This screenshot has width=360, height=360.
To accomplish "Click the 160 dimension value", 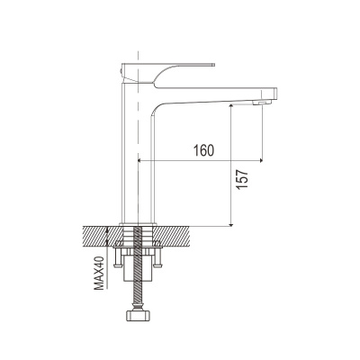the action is tap(203, 150).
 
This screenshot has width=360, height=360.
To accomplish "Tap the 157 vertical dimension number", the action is tap(242, 179).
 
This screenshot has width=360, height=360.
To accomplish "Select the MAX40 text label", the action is tap(99, 273).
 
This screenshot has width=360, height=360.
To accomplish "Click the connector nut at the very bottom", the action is tap(138, 317).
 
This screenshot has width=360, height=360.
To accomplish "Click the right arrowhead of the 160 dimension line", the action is tap(261, 161).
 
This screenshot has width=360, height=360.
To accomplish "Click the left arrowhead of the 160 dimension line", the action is tap(139, 161).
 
